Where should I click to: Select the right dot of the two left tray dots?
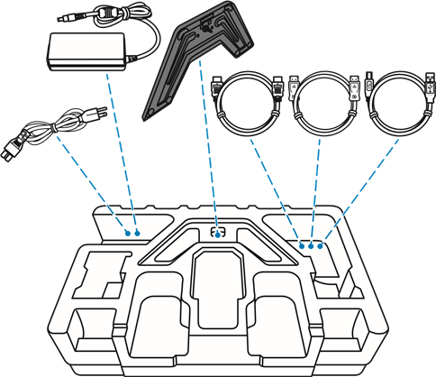(138, 233)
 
